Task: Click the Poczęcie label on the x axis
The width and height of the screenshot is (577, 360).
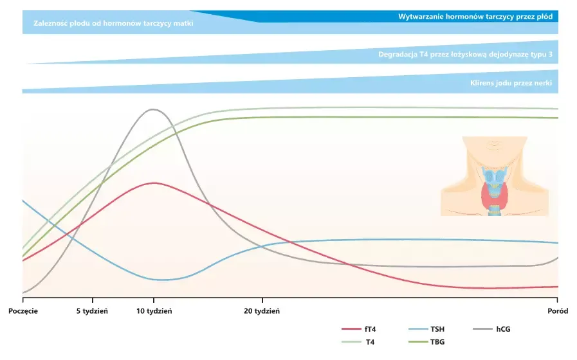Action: point(24,310)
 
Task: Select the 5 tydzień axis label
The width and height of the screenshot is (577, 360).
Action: point(92,310)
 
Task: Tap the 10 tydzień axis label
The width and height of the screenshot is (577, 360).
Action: point(154,310)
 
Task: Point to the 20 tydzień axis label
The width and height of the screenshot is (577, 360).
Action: point(262,310)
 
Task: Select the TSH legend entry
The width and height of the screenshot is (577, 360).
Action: point(435,330)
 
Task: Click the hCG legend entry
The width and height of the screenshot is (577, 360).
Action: point(503,330)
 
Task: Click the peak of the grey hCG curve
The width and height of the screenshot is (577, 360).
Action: point(152,109)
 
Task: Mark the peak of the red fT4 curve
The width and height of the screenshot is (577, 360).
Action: point(154,183)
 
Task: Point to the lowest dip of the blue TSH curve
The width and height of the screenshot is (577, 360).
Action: point(161,280)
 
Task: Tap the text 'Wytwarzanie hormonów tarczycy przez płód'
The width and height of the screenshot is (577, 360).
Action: point(475,16)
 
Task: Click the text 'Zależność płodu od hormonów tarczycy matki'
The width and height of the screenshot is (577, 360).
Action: point(113,23)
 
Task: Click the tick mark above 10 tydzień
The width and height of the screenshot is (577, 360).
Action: point(154,300)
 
